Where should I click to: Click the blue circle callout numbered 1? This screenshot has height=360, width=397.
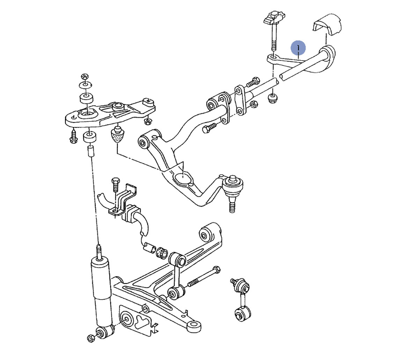[x=298, y=47]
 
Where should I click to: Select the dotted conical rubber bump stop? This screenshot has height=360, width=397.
[x=118, y=134]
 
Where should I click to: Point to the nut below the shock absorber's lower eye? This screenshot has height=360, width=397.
[x=91, y=338]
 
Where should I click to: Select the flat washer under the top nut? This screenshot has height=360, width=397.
[x=86, y=84]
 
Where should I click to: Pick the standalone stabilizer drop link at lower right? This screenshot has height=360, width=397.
[x=242, y=300]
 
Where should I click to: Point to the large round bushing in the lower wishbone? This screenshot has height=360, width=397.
[x=126, y=319]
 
